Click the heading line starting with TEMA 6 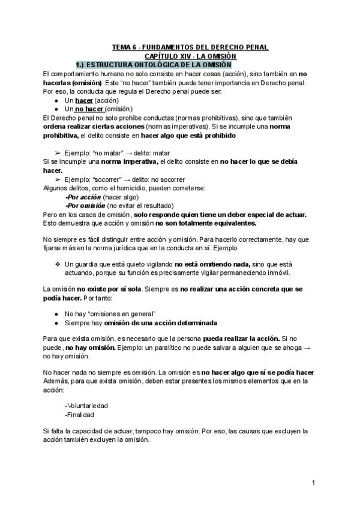tap(191, 47)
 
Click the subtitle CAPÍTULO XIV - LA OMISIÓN tap(191, 55)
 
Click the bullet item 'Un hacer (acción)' tap(91, 100)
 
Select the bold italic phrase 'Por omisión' tap(85, 205)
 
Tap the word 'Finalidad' tap(80, 414)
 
